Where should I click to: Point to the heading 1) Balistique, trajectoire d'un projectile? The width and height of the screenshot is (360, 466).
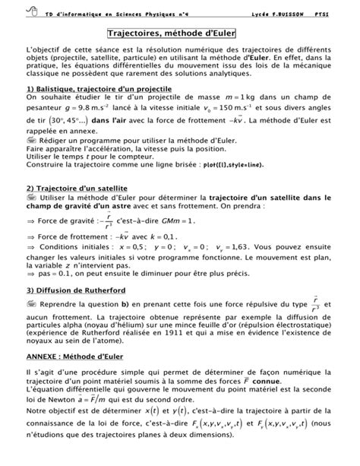click(x=99, y=89)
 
